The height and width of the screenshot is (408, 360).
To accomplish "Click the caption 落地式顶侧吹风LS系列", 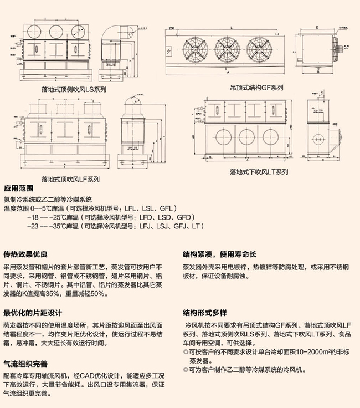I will (74, 89).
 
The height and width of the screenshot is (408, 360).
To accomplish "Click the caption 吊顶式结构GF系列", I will (256, 88).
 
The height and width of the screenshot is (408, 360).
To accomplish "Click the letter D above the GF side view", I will (315, 26).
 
